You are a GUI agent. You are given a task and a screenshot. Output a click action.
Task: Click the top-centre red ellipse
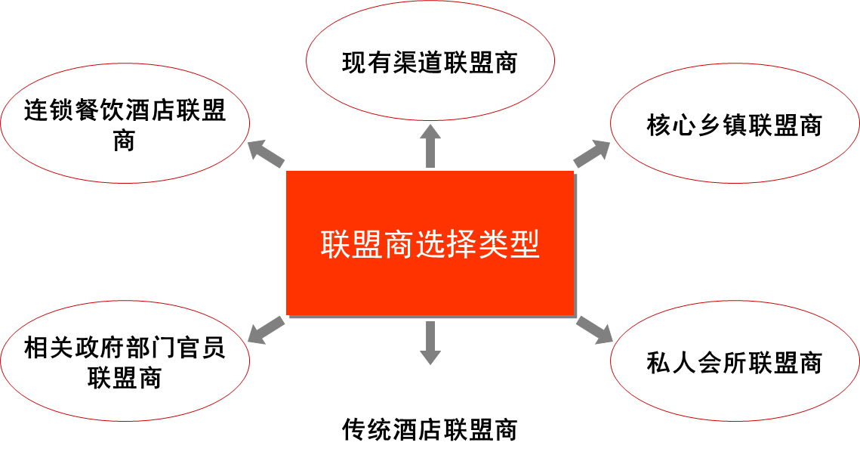click(430, 60)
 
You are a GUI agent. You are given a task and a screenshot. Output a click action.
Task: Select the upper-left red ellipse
click(125, 122)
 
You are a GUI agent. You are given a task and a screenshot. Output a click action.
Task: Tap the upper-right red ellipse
click(735, 122)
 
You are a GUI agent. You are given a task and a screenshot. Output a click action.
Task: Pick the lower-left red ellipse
click(125, 361)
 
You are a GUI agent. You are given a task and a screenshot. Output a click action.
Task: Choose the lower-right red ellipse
click(735, 361)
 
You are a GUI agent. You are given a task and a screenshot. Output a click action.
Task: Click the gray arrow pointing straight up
click(430, 145)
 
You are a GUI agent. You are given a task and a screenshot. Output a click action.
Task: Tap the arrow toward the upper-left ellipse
click(265, 153)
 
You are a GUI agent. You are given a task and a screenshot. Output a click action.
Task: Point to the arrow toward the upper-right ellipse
click(593, 153)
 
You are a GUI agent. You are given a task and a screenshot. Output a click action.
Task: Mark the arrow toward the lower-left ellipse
click(265, 330)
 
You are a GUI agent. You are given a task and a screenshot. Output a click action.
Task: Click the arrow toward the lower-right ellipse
click(595, 330)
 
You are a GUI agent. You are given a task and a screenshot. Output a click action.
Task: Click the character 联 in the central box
click(334, 243)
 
